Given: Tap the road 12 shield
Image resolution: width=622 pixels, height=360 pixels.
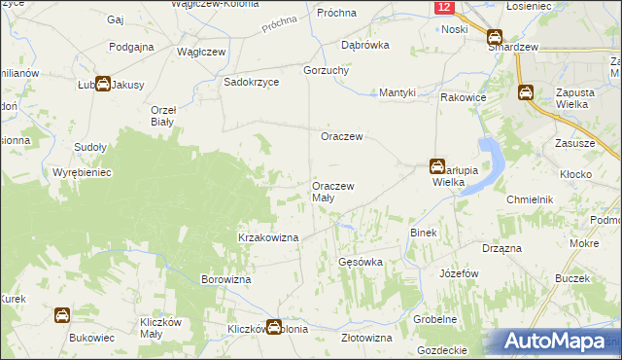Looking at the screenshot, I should tap(444, 7).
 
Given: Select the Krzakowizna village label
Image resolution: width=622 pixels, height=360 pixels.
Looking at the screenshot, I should tap(268, 236).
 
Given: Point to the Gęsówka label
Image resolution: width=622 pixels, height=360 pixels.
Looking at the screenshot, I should tap(360, 263).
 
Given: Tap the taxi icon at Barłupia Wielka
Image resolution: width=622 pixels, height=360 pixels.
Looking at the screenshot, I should tap(438, 166).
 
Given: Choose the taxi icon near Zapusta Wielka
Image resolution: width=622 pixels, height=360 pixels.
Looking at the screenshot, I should tap(526, 93).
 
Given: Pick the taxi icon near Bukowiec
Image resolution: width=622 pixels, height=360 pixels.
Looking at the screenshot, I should tap(61, 315).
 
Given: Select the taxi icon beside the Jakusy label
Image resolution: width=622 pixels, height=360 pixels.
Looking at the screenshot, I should tap(102, 85).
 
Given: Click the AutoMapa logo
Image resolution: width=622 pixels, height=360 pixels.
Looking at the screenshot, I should tap(558, 342).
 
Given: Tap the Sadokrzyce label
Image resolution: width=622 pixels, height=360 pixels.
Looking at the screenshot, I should tap(252, 83).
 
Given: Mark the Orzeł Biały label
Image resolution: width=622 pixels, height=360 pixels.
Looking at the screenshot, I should tap(162, 116).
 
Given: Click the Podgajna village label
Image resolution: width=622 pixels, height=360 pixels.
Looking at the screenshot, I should tap(133, 47).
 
